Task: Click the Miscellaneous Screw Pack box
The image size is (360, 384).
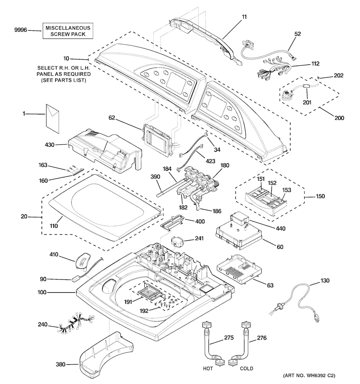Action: [68, 31]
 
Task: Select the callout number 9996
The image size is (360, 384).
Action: [21, 30]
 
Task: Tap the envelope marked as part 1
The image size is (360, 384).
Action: [53, 118]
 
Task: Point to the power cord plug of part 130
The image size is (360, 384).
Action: [317, 318]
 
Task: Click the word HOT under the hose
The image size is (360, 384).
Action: [208, 369]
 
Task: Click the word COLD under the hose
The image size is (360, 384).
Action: [247, 369]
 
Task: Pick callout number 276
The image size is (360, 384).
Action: [262, 338]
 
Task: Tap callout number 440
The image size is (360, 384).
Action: [281, 229]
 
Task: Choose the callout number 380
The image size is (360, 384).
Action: [60, 365]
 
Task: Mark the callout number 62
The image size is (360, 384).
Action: [112, 118]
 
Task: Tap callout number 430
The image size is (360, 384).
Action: [49, 145]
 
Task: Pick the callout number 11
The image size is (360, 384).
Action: [244, 17]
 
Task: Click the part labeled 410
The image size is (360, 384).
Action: [83, 261]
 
